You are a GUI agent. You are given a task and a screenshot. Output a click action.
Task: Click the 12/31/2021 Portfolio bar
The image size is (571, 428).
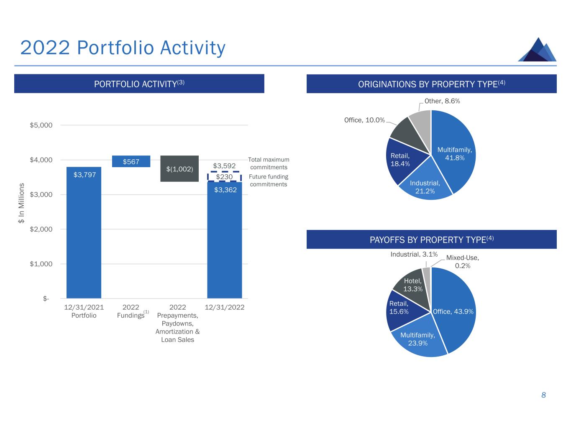(84, 234)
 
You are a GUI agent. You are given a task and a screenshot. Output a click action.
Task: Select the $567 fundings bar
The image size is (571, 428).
(131, 161)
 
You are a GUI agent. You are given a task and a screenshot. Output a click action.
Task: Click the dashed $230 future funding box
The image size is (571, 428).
(224, 177)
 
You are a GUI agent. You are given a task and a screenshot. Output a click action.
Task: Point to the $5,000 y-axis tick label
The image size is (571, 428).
(41, 125)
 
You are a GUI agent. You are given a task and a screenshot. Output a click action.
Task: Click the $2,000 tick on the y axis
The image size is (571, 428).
(41, 229)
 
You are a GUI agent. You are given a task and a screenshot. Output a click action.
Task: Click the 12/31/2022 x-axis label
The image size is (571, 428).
(224, 307)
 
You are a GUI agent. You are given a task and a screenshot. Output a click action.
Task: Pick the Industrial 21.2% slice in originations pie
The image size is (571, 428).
(425, 184)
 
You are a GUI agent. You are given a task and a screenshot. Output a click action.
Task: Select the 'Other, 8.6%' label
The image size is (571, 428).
(442, 101)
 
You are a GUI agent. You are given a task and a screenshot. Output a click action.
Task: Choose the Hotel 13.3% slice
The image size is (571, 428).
(412, 285)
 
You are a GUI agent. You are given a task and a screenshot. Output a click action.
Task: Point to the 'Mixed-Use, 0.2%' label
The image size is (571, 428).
(462, 262)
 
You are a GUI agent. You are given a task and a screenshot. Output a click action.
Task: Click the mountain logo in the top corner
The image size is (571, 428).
(537, 50)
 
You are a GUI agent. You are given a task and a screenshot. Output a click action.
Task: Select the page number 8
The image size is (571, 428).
(543, 395)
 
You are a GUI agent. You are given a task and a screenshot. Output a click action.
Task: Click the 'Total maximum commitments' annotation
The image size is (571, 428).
(269, 163)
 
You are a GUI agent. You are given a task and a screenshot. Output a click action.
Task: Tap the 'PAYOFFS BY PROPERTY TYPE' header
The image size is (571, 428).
(431, 239)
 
